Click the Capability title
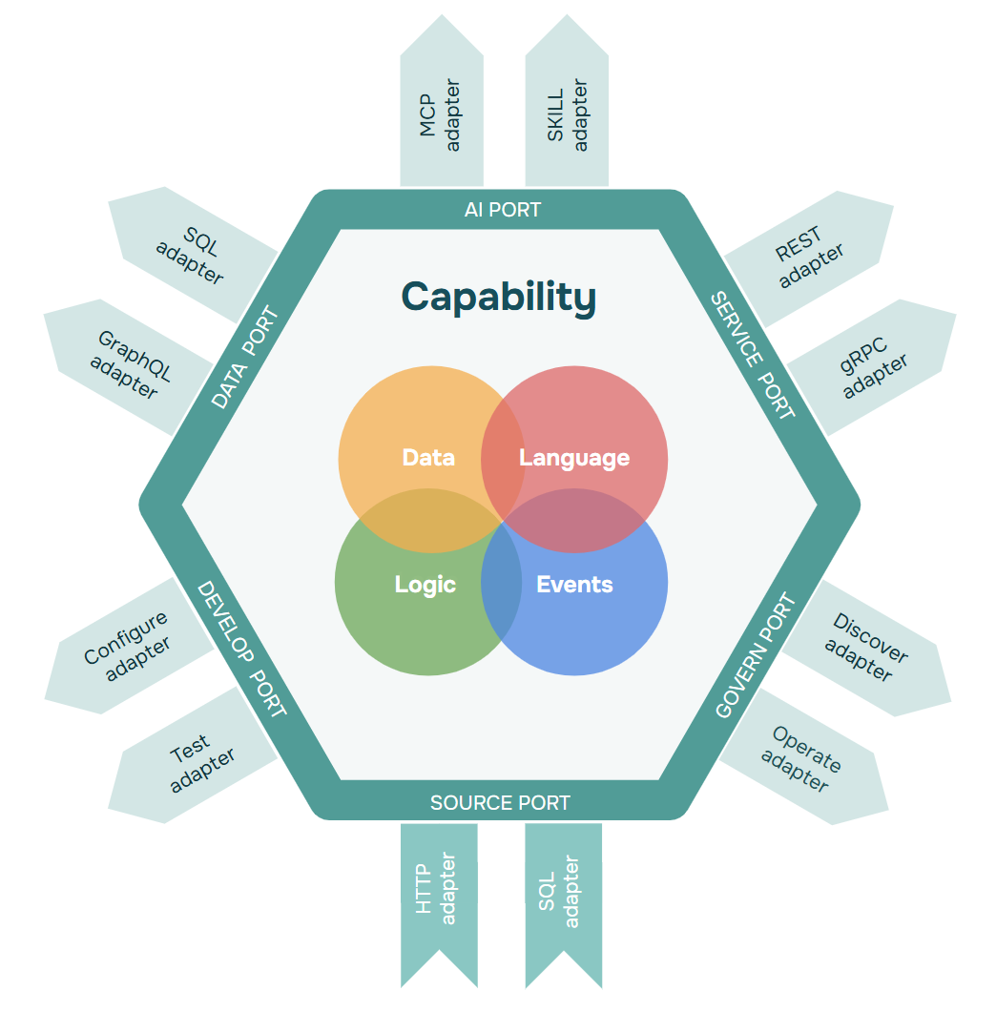(498, 297)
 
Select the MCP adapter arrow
(441, 110)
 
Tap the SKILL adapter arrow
(567, 110)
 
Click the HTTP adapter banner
(438, 897)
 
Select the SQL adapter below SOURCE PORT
(563, 897)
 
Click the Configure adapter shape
(130, 646)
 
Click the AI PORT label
(502, 210)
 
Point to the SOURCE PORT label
(500, 803)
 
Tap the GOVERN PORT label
(755, 656)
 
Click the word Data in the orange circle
(428, 458)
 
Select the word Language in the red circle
(574, 458)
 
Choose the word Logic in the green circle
(425, 585)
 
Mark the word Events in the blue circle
(574, 585)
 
